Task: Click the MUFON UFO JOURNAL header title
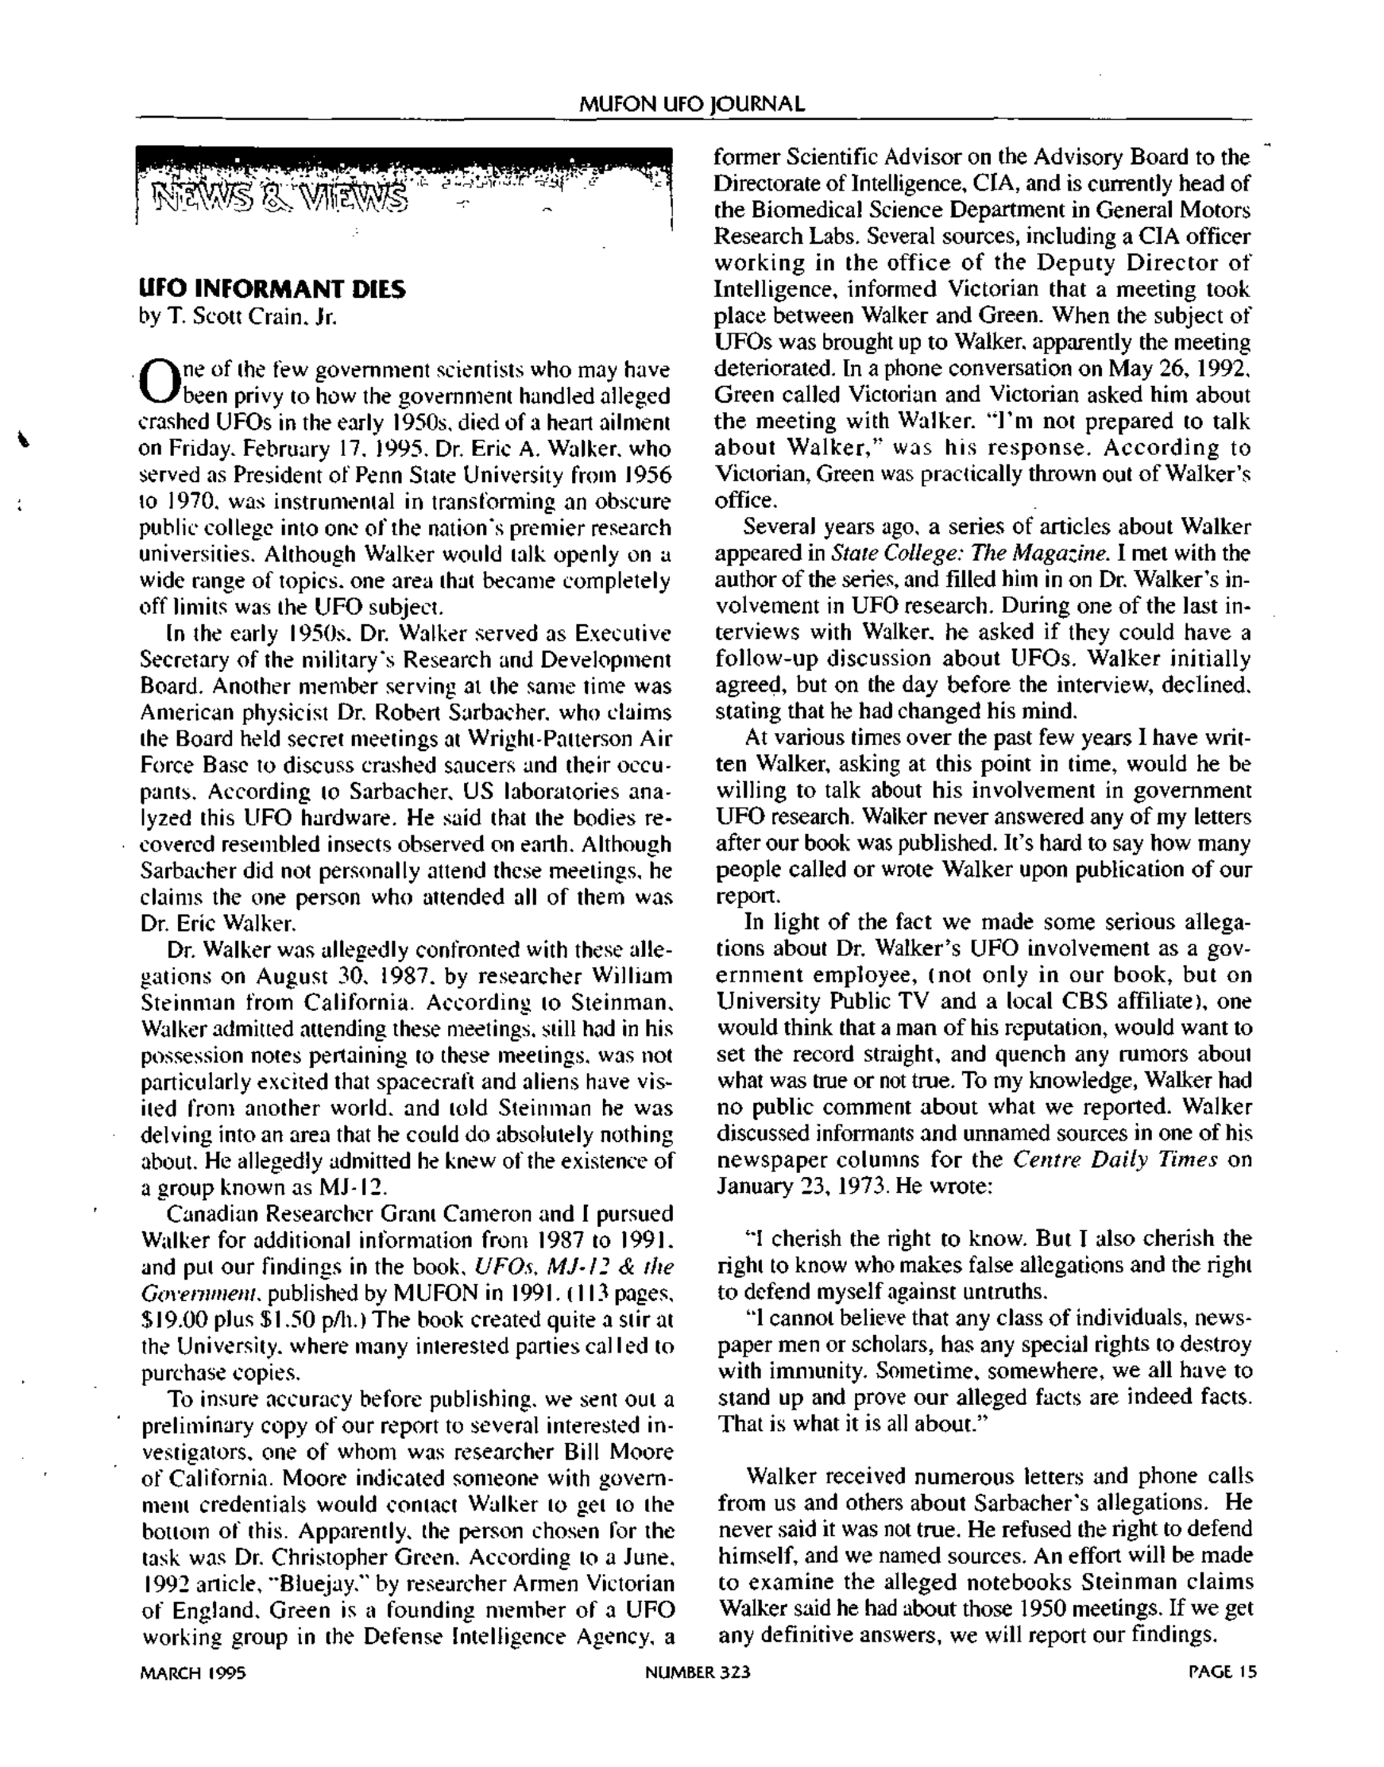coord(692,104)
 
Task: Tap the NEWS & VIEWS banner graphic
coord(404,188)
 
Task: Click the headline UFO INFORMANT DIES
coord(273,289)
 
